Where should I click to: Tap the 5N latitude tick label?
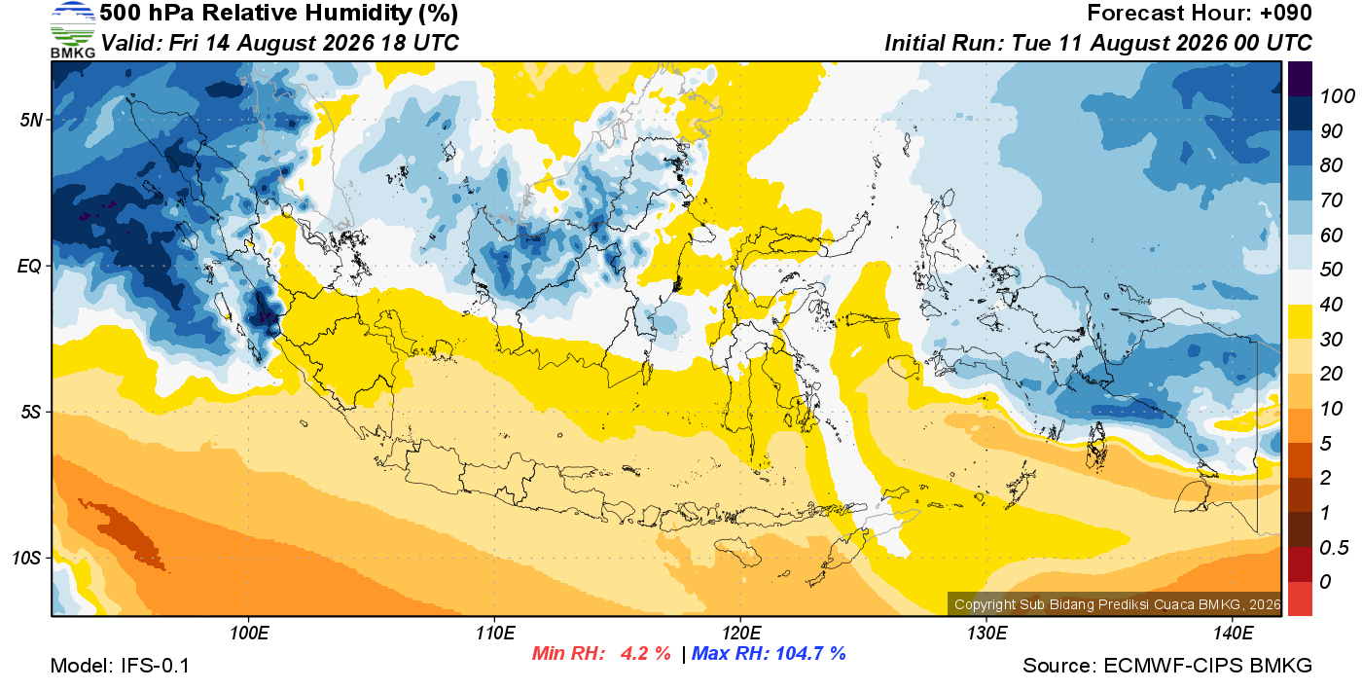pyautogui.click(x=31, y=120)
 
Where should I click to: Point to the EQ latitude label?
pyautogui.click(x=29, y=266)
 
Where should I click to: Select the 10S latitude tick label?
pyautogui.click(x=25, y=558)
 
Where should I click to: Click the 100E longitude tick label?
pyautogui.click(x=249, y=633)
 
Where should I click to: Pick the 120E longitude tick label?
pyautogui.click(x=741, y=633)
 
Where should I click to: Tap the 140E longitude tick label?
pyautogui.click(x=1233, y=633)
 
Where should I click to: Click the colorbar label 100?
pyautogui.click(x=1337, y=96)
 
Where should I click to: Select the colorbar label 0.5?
pyautogui.click(x=1334, y=548)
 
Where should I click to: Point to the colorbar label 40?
pyautogui.click(x=1331, y=305)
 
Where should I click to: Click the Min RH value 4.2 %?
pyautogui.click(x=645, y=653)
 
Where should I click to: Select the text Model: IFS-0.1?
pyautogui.click(x=120, y=666)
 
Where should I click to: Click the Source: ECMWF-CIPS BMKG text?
pyautogui.click(x=1167, y=666)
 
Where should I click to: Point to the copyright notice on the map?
pyautogui.click(x=1118, y=604)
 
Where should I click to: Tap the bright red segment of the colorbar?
pyautogui.click(x=1300, y=599)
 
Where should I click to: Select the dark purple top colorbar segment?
pyautogui.click(x=1300, y=79)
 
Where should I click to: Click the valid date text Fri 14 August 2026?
pyautogui.click(x=271, y=43)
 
